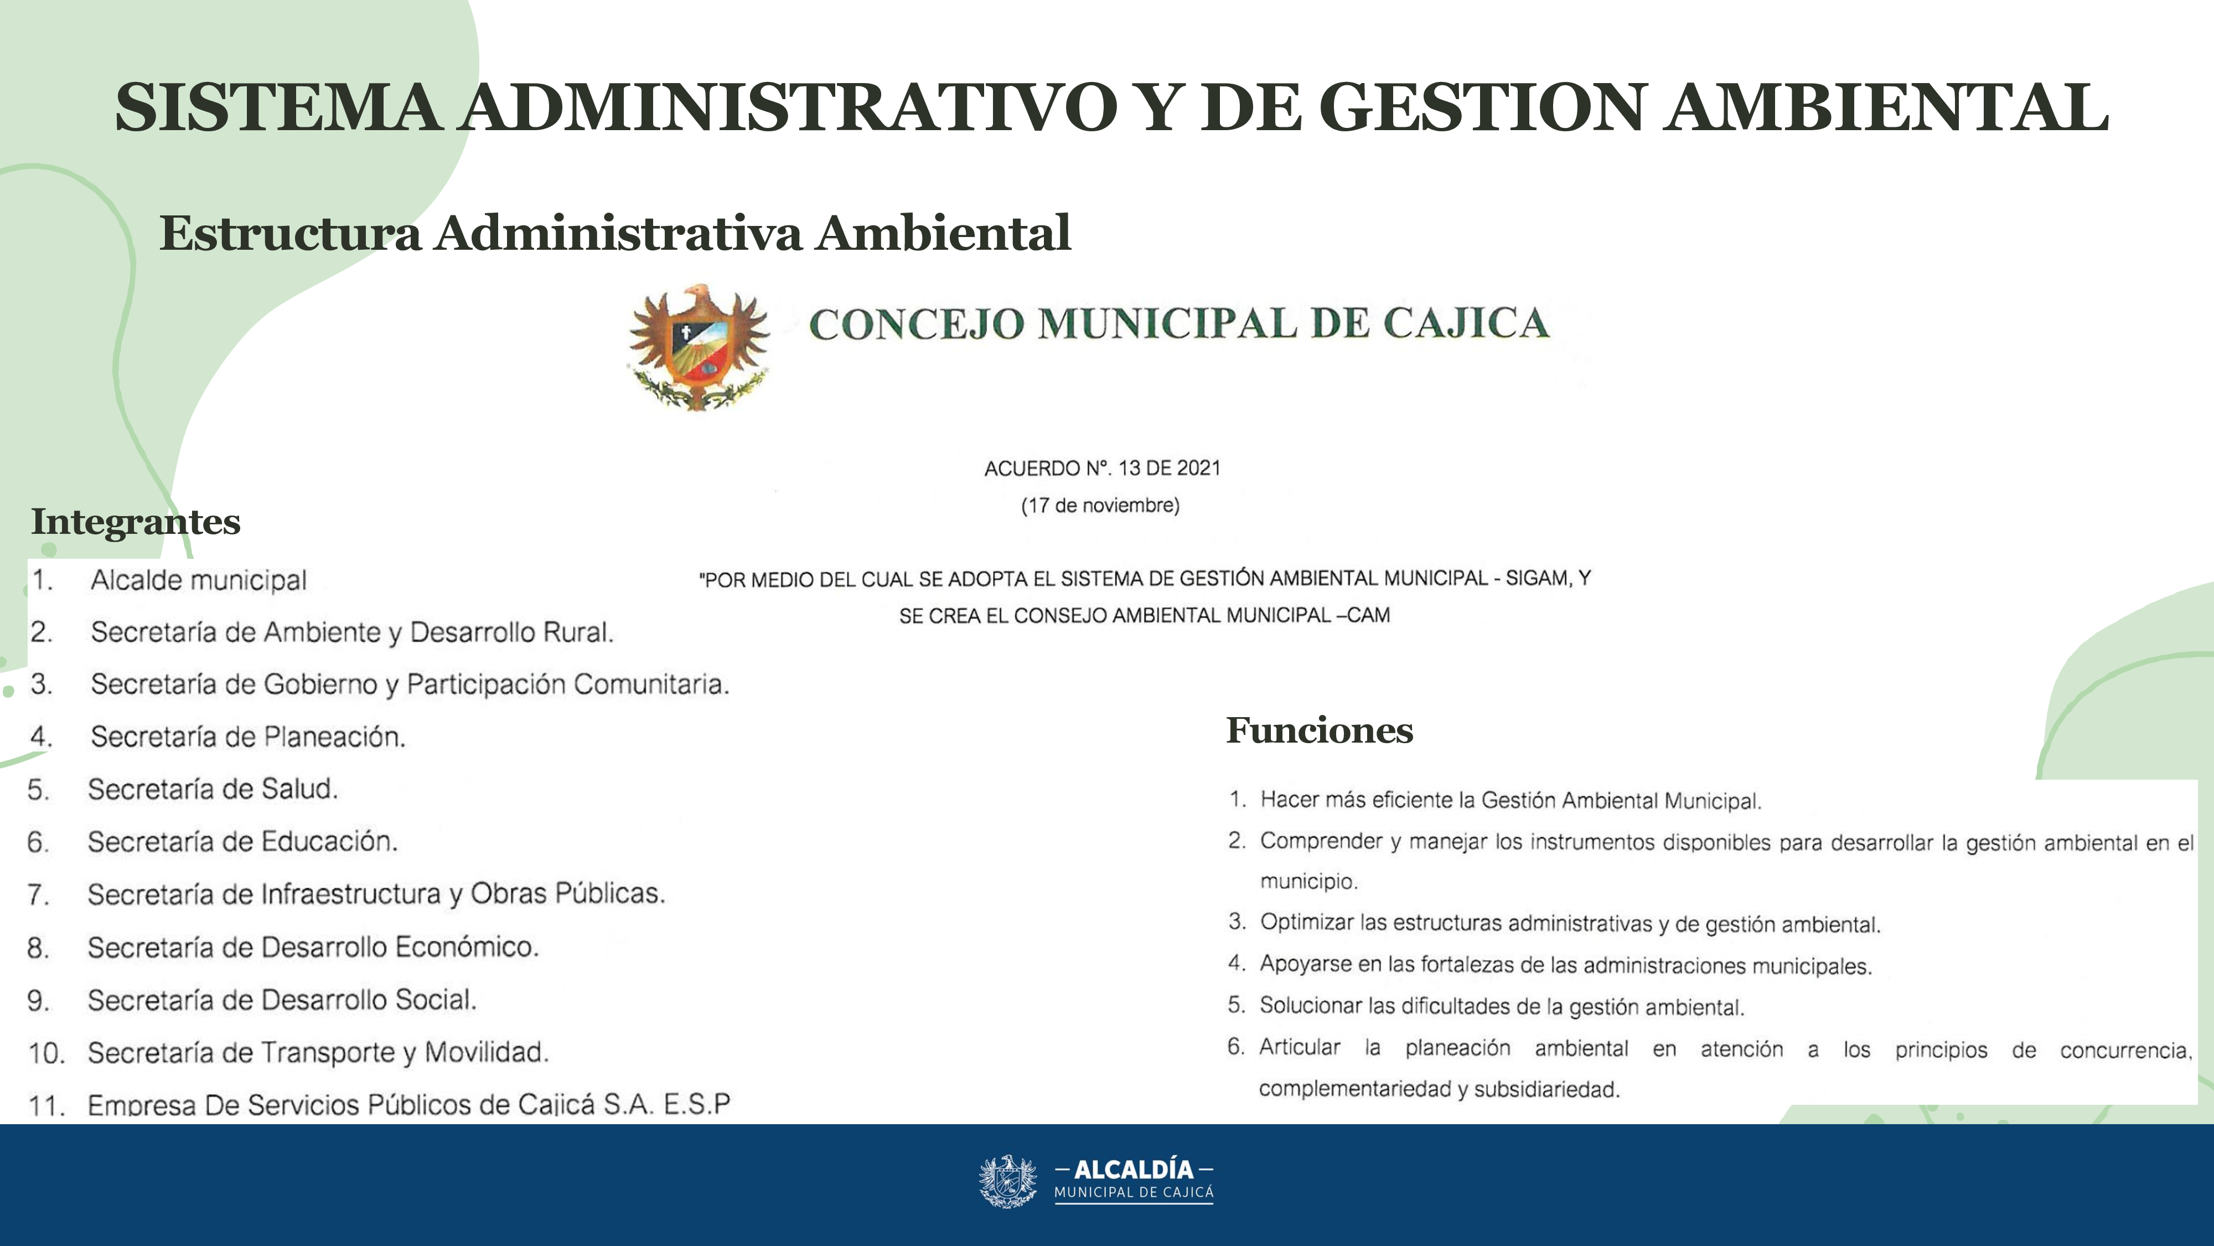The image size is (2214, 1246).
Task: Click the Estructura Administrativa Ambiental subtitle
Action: [614, 233]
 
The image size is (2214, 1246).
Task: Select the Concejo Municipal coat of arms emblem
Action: [699, 347]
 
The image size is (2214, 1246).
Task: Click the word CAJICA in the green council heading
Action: [1466, 324]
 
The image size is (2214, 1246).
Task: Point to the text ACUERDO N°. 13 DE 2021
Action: [1102, 468]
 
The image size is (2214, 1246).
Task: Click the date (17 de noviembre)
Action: [1100, 506]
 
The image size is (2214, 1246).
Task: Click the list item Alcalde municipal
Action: [199, 580]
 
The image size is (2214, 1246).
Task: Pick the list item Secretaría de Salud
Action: [213, 789]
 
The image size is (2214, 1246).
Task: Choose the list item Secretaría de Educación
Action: [242, 842]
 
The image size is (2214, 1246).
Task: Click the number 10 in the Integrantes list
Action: [46, 1053]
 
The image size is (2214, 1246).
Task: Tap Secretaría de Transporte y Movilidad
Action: [318, 1053]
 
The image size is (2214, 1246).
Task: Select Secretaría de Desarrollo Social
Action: [282, 1000]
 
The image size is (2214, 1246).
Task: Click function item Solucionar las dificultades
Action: [1502, 1006]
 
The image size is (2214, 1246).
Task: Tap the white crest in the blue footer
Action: [1008, 1182]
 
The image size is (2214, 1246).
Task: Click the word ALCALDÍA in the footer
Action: [1134, 1170]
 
